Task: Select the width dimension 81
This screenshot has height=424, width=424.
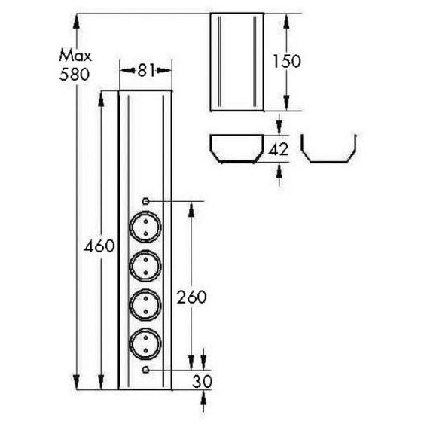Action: click(146, 71)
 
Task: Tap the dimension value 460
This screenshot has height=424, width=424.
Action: click(98, 246)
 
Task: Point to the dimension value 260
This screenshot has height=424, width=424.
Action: click(193, 297)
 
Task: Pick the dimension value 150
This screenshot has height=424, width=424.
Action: click(286, 61)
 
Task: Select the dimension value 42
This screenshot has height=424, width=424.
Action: click(279, 149)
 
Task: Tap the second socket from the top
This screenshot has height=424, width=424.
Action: click(145, 264)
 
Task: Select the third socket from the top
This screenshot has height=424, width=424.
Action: click(145, 304)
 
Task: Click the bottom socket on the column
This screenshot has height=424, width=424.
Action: click(145, 344)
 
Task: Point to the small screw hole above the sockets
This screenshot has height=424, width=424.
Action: click(145, 201)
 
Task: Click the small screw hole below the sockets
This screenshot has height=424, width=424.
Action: click(145, 371)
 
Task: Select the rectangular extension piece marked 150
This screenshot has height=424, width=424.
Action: click(236, 61)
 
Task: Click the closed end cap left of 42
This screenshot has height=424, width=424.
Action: click(236, 149)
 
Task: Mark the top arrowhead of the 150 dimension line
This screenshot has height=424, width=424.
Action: click(286, 17)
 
